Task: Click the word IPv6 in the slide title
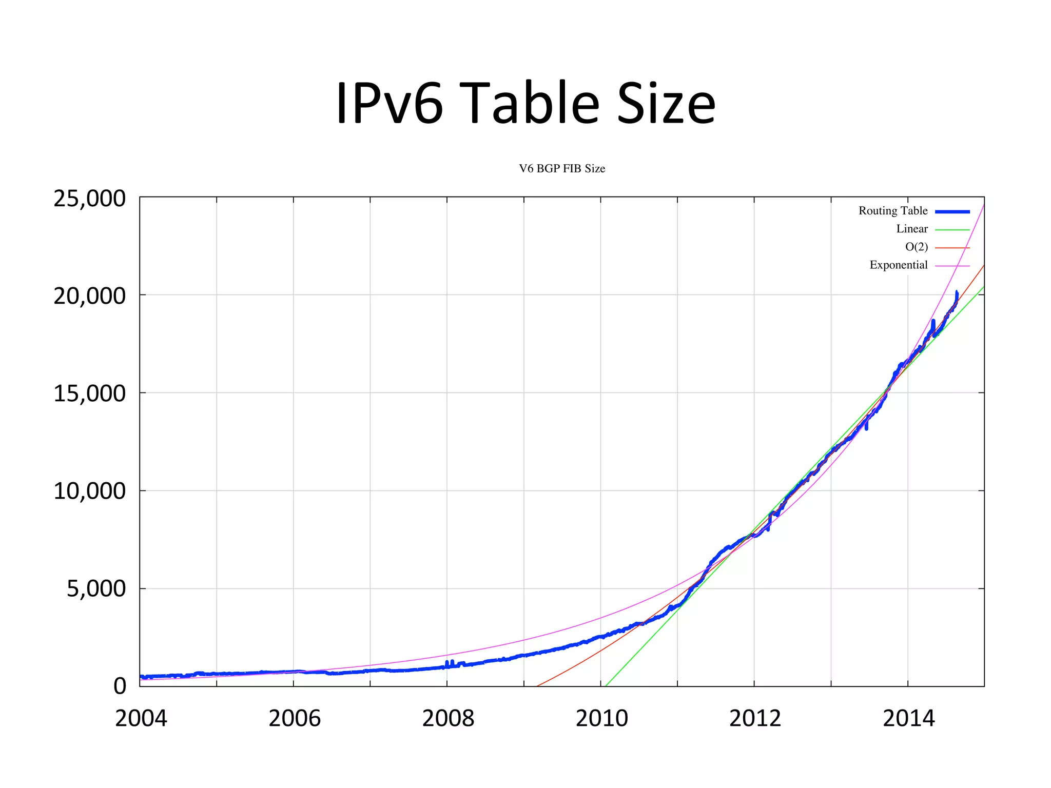click(x=389, y=103)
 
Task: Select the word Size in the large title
click(x=666, y=103)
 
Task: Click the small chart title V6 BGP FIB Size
click(x=562, y=169)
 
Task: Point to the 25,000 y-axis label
click(x=89, y=199)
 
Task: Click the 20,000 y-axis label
click(x=89, y=296)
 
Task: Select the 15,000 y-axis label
click(x=89, y=393)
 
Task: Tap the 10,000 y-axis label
click(x=89, y=491)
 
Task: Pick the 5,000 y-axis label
click(x=96, y=588)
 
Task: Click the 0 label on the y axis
click(x=120, y=686)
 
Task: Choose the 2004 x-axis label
click(x=141, y=718)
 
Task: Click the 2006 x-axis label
click(x=295, y=718)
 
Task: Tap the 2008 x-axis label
click(x=448, y=718)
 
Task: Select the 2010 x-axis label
click(x=601, y=718)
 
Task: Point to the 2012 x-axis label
click(x=755, y=718)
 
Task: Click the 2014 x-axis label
click(x=908, y=718)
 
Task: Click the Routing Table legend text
click(x=893, y=211)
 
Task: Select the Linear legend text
click(x=912, y=229)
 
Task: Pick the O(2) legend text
click(x=917, y=247)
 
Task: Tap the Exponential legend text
click(x=899, y=265)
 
